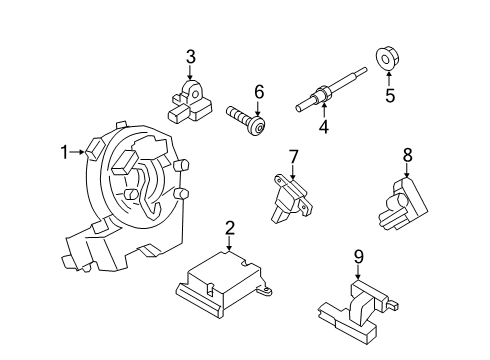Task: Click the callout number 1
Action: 63,152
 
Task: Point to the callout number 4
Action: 323,127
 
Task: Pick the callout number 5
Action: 391,97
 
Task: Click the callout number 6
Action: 258,93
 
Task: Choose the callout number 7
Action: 293,156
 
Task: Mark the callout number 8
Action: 407,155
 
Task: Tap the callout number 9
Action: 358,256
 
